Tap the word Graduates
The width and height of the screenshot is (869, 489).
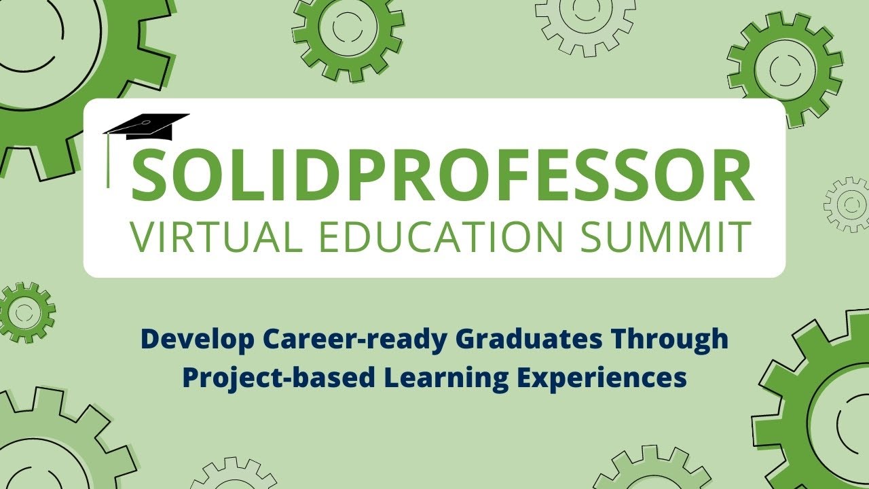[x=531, y=339]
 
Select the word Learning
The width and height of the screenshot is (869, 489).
[x=446, y=379]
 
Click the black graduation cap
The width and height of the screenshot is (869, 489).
[x=147, y=126]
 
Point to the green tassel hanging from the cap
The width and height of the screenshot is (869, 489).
[x=108, y=160]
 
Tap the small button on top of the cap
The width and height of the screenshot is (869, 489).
[x=146, y=123]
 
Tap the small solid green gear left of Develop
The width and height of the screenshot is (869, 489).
[x=26, y=312]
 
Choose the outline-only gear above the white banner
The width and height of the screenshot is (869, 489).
[x=585, y=24]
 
